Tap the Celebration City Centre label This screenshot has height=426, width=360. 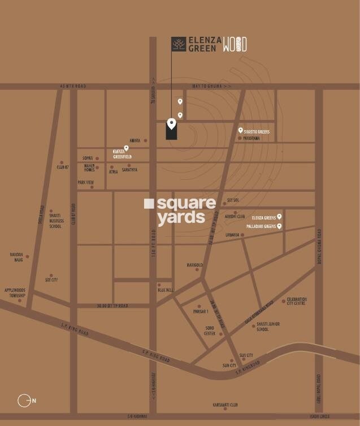296,301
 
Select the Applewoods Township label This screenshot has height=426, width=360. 16,292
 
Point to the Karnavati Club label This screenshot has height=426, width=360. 225,405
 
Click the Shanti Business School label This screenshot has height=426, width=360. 55,220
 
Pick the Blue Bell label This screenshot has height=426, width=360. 165,289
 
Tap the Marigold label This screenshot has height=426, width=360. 194,265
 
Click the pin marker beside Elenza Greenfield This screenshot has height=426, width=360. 126,148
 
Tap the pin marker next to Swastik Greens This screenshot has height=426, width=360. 240,131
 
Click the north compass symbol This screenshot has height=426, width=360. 24,401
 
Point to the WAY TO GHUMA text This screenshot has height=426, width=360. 211,86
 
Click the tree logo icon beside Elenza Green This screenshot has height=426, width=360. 179,44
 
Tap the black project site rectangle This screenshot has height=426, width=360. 171,131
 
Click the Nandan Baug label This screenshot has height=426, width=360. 16,257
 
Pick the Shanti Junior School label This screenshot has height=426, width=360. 268,326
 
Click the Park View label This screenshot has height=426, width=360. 85,183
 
